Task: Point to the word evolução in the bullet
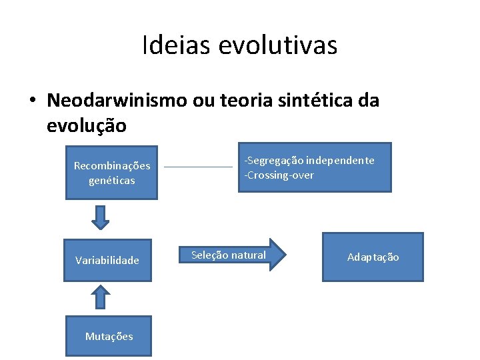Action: coord(86,125)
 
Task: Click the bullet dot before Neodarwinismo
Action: coord(31,101)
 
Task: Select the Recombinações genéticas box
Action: coord(111,173)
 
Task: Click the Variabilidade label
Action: coord(107,260)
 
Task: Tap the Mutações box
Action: coord(109,337)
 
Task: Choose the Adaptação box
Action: coord(373,257)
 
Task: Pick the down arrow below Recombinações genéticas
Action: coord(100,217)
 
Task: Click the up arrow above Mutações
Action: coord(100,297)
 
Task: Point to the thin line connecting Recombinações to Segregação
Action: coord(198,167)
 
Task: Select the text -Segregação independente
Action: coord(309,161)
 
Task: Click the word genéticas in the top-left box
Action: coord(111,180)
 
